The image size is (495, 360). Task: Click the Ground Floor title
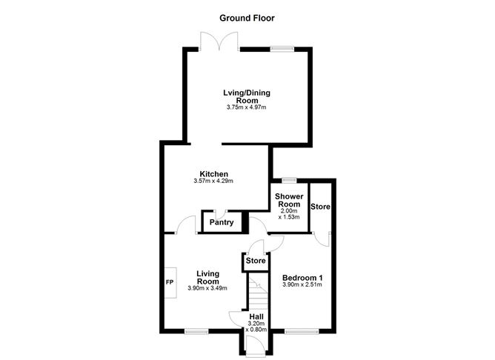click(x=247, y=18)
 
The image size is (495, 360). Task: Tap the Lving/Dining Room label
click(x=246, y=96)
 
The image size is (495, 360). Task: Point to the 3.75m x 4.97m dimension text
click(x=246, y=108)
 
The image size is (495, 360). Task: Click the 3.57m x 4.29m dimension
click(x=213, y=181)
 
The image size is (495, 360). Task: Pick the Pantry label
click(x=222, y=222)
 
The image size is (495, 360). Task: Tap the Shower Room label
click(x=289, y=200)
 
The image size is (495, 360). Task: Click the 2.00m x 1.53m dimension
click(x=289, y=214)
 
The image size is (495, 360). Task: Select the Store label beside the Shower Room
click(x=321, y=206)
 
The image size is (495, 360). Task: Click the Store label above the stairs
click(x=256, y=261)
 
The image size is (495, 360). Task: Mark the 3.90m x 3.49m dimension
click(x=207, y=288)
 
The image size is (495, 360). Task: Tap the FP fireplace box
click(x=170, y=282)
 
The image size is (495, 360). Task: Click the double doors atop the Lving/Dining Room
click(x=219, y=43)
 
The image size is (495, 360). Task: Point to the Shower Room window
click(x=289, y=180)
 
